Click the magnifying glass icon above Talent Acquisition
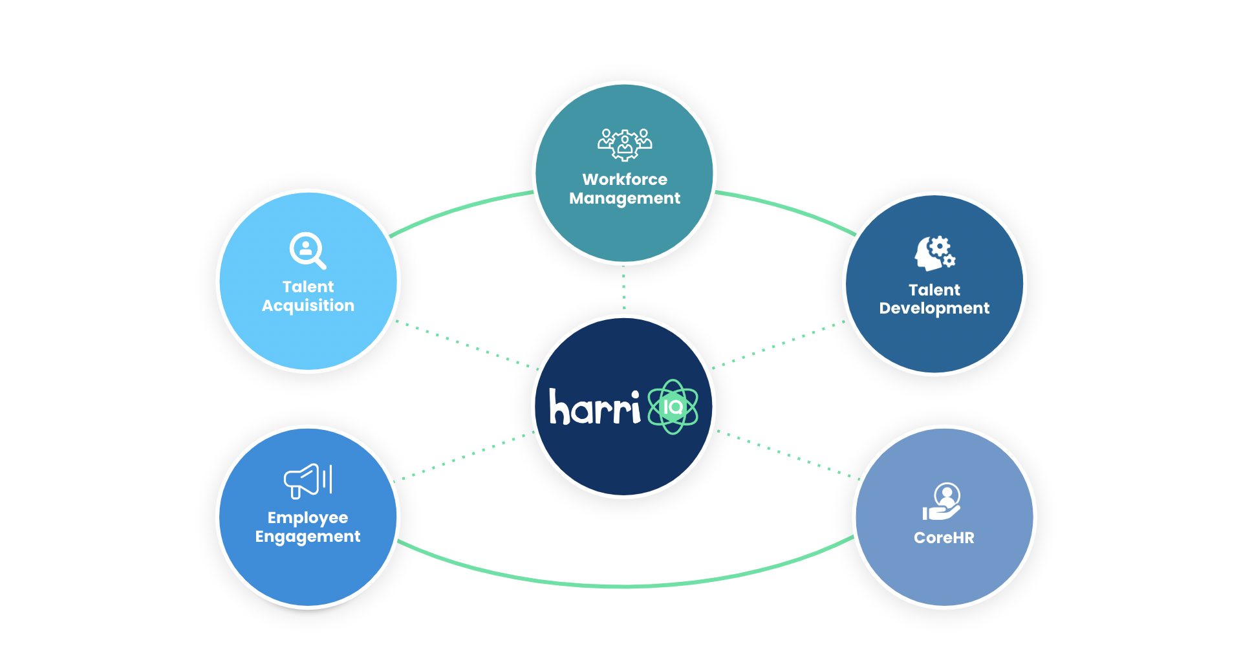pos(307,250)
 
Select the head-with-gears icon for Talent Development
pos(934,253)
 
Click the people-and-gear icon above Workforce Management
pos(625,144)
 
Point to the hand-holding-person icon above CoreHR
pos(942,502)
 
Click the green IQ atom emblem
pos(673,407)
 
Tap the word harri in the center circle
pos(594,407)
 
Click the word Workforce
pos(625,179)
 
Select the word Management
pos(625,199)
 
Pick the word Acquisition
pos(308,306)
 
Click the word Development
pos(934,308)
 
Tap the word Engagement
pos(308,537)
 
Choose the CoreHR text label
pos(944,537)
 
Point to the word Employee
pos(308,518)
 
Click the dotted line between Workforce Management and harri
pos(624,289)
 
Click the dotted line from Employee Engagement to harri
pos(464,456)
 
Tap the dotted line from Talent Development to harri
pos(779,345)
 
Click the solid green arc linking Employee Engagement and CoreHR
pos(625,586)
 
